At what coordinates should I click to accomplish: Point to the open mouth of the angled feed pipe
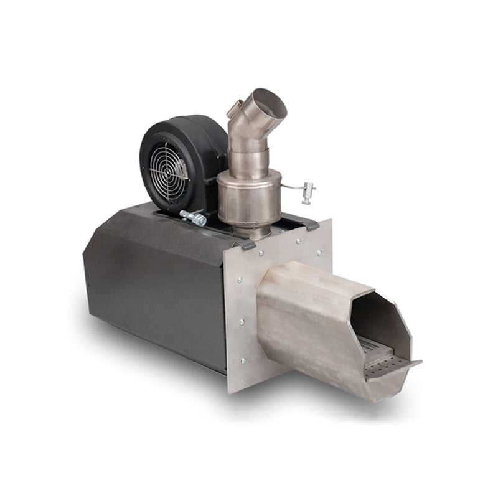pos(271,104)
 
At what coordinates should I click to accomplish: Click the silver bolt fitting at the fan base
pos(194,218)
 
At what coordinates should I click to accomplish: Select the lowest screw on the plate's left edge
pos(243,360)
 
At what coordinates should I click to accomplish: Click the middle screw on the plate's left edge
pos(241,322)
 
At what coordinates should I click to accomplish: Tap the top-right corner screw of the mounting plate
pos(319,253)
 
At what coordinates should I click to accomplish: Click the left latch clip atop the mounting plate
pos(248,245)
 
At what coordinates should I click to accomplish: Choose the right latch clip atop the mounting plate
pos(312,226)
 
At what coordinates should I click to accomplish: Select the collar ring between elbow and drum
pos(248,159)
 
